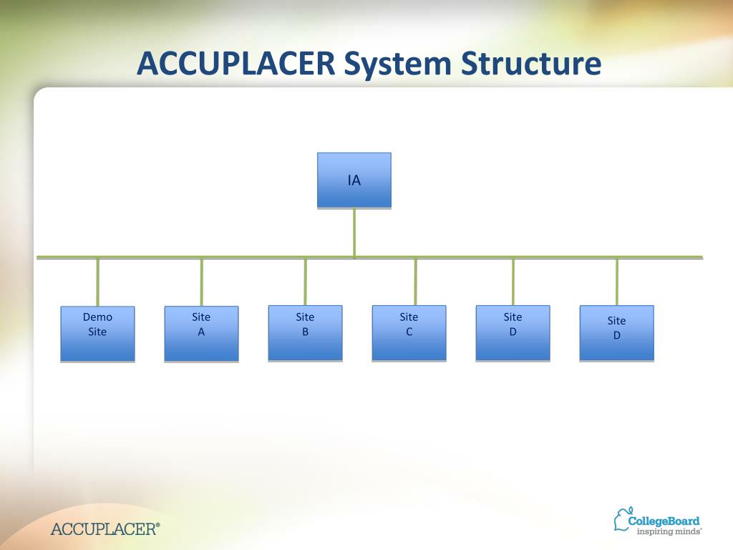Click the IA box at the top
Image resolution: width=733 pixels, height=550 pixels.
point(354,180)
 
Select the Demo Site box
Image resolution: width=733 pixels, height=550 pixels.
point(97,334)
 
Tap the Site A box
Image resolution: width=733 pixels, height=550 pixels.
point(201,334)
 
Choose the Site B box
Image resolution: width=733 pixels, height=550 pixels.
point(305,333)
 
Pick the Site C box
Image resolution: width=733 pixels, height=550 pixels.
point(409,333)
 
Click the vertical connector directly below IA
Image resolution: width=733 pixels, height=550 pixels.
point(354,231)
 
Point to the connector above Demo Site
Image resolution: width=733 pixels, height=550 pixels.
point(98,281)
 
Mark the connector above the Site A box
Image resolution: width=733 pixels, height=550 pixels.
point(202,281)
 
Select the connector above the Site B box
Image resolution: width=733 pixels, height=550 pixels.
point(306,281)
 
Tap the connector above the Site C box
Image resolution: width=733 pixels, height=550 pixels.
point(415,281)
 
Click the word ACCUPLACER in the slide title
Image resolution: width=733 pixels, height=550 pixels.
point(236,64)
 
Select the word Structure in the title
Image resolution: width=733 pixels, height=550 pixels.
point(530,64)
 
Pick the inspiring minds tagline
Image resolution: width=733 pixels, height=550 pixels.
point(669,531)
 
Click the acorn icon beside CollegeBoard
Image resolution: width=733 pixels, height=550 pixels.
point(621,519)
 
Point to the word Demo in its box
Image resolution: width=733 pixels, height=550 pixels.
point(97,317)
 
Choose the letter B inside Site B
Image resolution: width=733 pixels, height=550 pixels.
point(305,332)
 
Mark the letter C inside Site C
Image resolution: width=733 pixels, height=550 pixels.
point(409,332)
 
